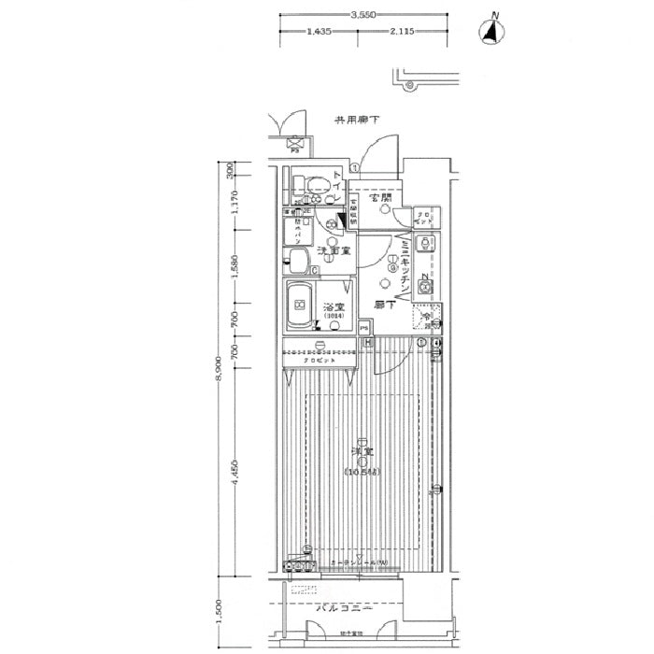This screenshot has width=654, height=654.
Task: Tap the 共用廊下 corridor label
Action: (357, 121)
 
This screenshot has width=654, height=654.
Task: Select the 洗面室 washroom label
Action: (334, 250)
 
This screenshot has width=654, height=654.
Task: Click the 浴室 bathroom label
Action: (334, 307)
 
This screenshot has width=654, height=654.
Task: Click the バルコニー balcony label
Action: (343, 608)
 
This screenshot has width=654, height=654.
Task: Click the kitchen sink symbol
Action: (425, 242)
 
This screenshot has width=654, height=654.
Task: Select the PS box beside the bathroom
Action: (363, 328)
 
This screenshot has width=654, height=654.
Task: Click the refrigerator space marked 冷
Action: (426, 318)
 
